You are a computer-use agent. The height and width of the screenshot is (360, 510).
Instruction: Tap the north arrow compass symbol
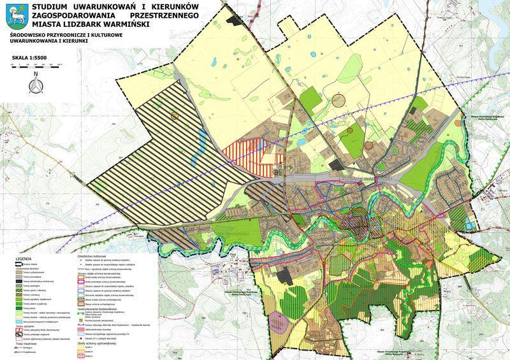pyautogui.click(x=37, y=82)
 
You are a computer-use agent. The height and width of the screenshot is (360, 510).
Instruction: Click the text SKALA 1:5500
pyautogui.click(x=28, y=57)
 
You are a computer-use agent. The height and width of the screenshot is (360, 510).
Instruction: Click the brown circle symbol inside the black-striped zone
pyautogui.click(x=174, y=115)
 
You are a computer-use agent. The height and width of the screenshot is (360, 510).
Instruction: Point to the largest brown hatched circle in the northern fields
pyautogui.click(x=341, y=99)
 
